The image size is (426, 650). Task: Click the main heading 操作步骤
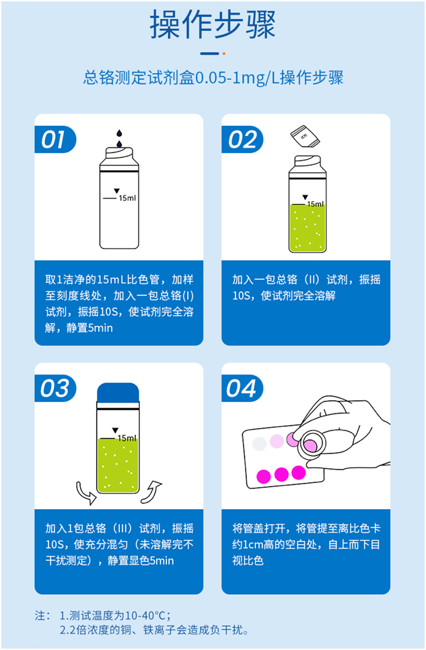click(213, 25)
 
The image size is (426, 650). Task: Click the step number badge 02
click(242, 139)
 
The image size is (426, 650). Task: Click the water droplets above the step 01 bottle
click(119, 139)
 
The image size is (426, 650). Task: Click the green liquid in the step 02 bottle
click(307, 229)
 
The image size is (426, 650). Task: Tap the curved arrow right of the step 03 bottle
click(154, 488)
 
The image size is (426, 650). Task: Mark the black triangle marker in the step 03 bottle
click(115, 430)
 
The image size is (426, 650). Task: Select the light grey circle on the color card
click(259, 444)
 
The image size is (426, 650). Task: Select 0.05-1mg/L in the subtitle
click(229, 78)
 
